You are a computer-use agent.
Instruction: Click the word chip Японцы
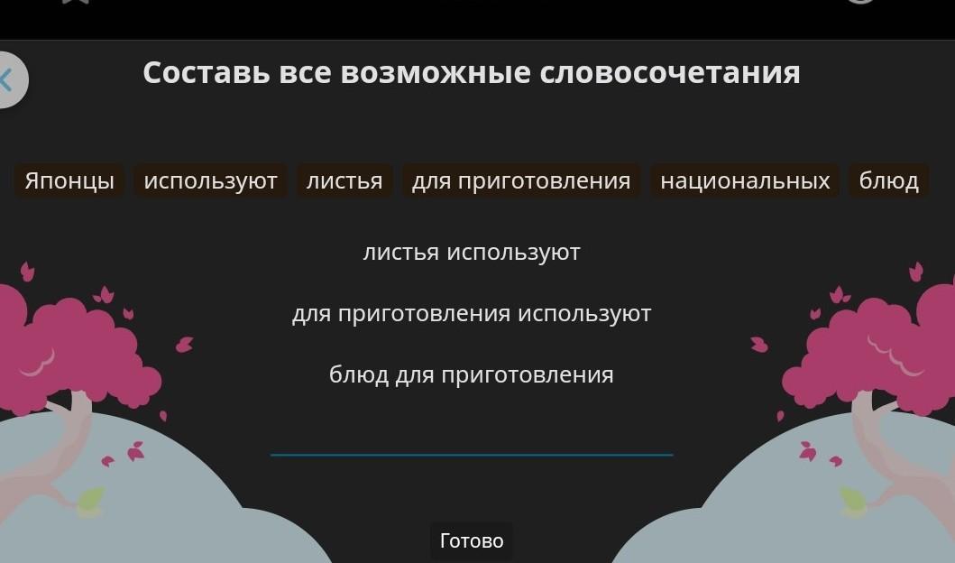[x=69, y=181]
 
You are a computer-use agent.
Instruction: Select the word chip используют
[x=210, y=181]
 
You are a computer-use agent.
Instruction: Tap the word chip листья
[x=344, y=181]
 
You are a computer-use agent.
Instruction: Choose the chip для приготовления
[x=521, y=181]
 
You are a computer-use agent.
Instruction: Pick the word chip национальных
[x=745, y=181]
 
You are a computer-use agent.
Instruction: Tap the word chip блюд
[x=889, y=181]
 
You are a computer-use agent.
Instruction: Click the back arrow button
[x=10, y=79]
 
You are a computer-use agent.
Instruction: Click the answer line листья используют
[x=472, y=253]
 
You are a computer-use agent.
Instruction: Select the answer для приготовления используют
[x=472, y=314]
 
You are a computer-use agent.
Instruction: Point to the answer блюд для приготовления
[x=472, y=374]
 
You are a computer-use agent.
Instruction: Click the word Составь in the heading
[x=206, y=72]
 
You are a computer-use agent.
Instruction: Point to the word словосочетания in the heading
[x=670, y=72]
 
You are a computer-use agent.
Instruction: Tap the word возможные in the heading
[x=435, y=72]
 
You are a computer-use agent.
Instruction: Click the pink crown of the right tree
[x=877, y=347]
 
